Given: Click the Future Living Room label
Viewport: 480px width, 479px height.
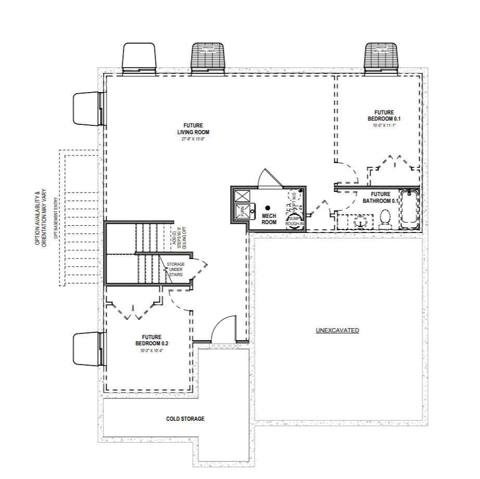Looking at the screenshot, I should point(196,128).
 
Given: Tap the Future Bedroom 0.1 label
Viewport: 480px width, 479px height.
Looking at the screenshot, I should point(384,115).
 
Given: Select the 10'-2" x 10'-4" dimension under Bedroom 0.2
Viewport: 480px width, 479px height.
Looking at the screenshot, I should point(151,351).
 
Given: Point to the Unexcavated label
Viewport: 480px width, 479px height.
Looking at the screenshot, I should point(337,331).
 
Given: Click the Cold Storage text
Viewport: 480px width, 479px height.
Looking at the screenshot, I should point(185,419).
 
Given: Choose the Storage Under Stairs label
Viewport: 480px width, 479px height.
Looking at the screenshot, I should point(175,269).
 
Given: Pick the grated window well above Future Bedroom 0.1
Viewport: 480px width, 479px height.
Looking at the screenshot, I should point(381,57).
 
